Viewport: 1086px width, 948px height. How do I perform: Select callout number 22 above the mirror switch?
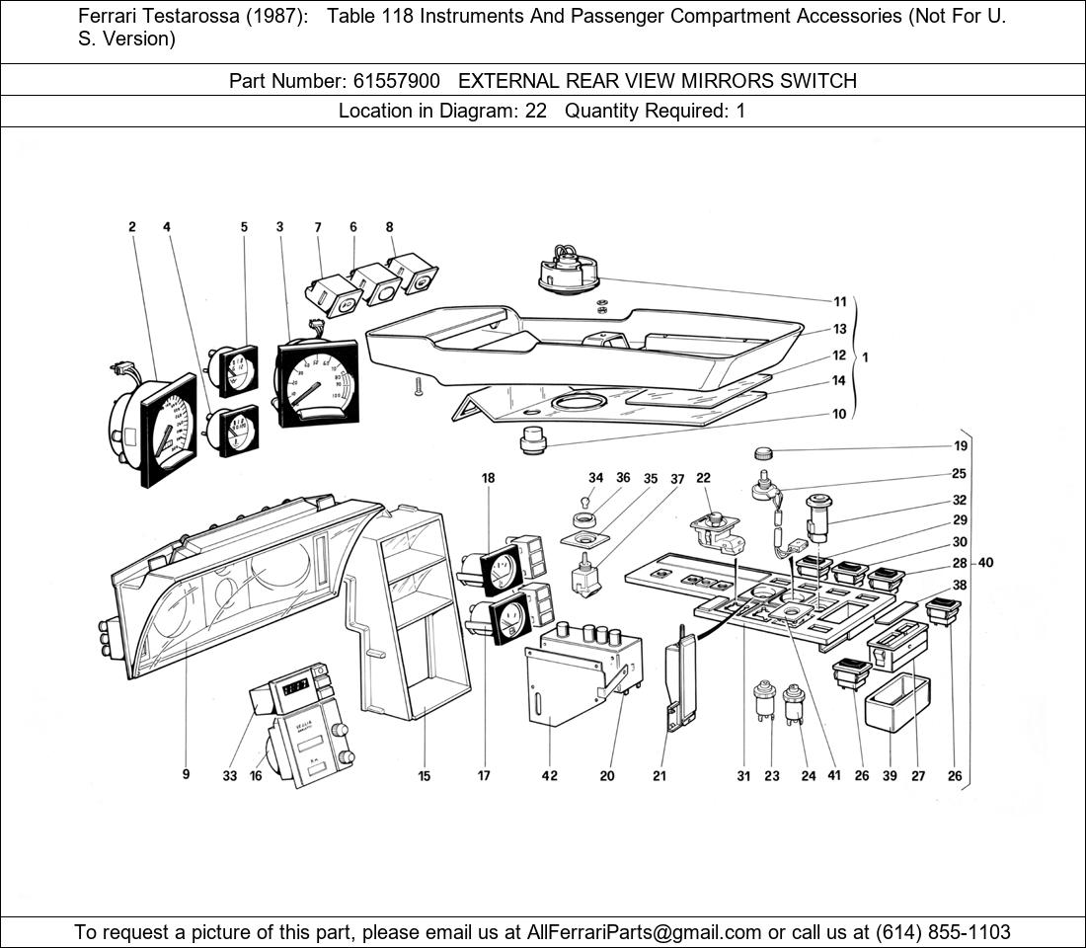[x=703, y=479]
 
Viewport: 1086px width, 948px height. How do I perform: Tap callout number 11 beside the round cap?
[x=839, y=302]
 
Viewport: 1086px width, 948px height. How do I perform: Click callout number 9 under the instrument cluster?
[x=186, y=775]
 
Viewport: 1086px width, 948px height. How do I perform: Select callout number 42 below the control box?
[x=549, y=776]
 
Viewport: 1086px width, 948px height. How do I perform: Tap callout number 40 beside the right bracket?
[x=985, y=563]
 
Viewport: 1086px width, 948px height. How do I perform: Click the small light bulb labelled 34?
[x=589, y=501]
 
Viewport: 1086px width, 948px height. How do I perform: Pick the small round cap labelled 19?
[x=764, y=454]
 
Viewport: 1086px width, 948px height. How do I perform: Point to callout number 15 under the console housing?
[x=424, y=776]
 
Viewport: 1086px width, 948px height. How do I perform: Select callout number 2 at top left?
[x=131, y=227]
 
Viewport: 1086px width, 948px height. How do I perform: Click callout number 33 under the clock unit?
[x=230, y=776]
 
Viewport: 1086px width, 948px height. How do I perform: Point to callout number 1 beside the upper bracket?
[x=866, y=357]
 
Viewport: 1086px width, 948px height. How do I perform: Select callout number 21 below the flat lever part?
[x=659, y=776]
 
